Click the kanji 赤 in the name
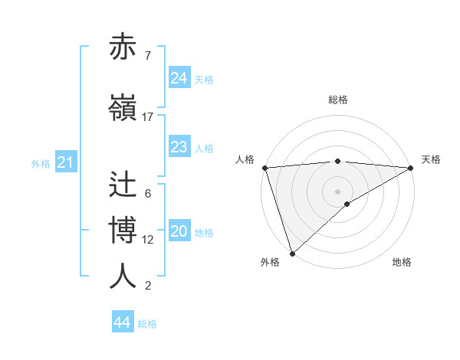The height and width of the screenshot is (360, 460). [x=124, y=47]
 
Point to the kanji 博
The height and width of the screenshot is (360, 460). [x=124, y=231]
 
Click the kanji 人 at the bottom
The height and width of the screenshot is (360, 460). [x=124, y=276]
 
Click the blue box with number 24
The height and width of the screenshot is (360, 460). [x=179, y=78]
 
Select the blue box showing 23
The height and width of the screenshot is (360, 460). [x=179, y=147]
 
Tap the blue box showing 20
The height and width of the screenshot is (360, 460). [x=179, y=232]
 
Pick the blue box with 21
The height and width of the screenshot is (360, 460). [x=66, y=162]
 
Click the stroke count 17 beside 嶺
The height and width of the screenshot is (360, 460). [x=148, y=117]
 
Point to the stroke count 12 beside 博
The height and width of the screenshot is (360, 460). [x=148, y=240]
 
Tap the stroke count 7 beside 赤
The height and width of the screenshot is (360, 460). [x=147, y=55]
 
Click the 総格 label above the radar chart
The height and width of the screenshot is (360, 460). [x=338, y=100]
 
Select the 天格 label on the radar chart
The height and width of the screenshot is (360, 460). [x=431, y=159]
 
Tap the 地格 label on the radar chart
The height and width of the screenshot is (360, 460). [x=402, y=262]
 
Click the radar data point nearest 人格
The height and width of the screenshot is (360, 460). [x=264, y=168]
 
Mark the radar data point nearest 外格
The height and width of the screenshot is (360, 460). [x=292, y=253]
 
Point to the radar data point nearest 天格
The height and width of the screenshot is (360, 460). [x=411, y=168]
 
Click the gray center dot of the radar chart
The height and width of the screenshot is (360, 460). [x=338, y=191]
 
